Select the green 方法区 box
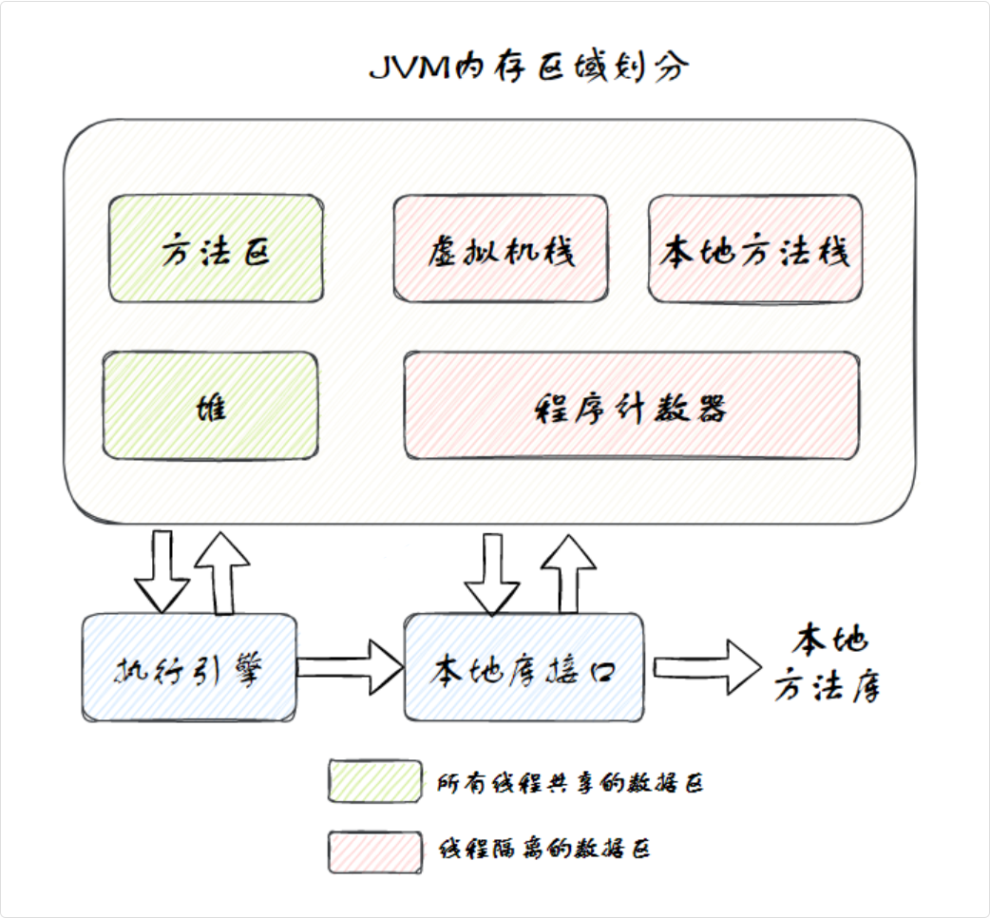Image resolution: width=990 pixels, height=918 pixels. [216, 250]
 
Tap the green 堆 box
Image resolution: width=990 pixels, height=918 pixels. [210, 406]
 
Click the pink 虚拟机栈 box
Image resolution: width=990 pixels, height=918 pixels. [500, 250]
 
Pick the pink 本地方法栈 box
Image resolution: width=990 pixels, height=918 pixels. [754, 250]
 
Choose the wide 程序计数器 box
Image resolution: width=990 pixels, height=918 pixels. [632, 407]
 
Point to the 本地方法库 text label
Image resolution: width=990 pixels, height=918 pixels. [827, 665]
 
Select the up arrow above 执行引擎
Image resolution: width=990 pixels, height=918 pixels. [222, 572]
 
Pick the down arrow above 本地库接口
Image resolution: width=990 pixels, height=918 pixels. [492, 574]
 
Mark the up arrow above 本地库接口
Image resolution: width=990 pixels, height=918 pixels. [568, 572]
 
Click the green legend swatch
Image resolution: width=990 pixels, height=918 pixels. [374, 781]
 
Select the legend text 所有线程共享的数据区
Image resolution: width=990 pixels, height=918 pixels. [570, 783]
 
